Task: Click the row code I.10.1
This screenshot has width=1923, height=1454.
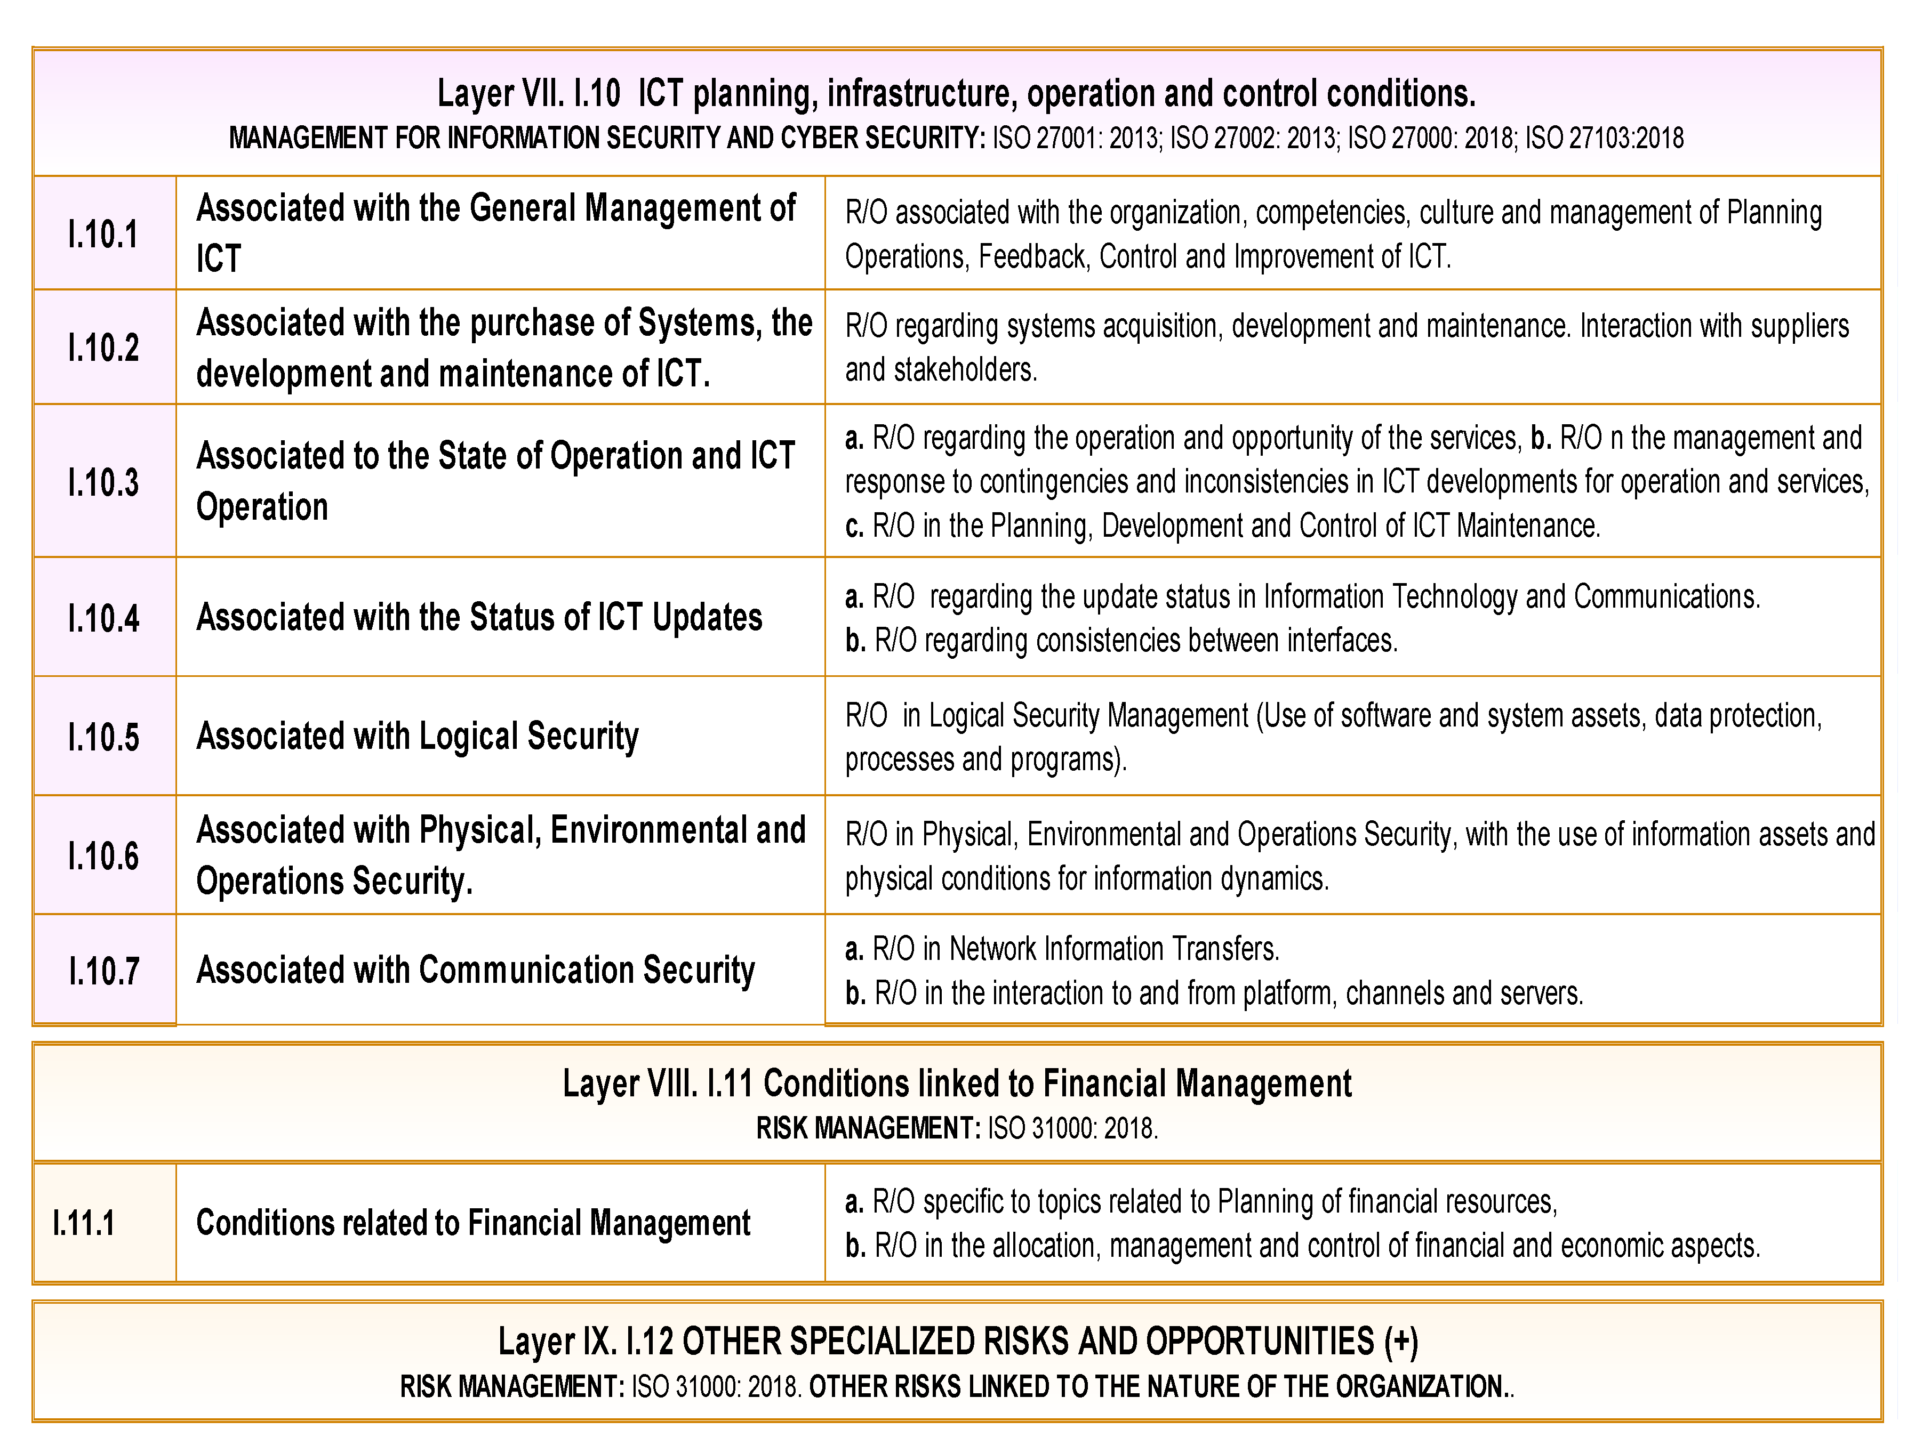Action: click(103, 235)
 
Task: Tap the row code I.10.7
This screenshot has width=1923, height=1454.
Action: click(103, 971)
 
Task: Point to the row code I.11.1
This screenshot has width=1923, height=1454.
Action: click(83, 1223)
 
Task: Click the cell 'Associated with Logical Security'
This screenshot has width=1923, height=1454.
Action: click(417, 736)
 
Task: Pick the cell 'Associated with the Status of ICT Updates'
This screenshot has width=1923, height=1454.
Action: click(479, 617)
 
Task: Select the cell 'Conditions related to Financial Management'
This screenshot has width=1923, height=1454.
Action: click(473, 1223)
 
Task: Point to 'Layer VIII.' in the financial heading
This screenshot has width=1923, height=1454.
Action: click(629, 1084)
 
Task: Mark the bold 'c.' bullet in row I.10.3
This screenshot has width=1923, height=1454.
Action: click(854, 527)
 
